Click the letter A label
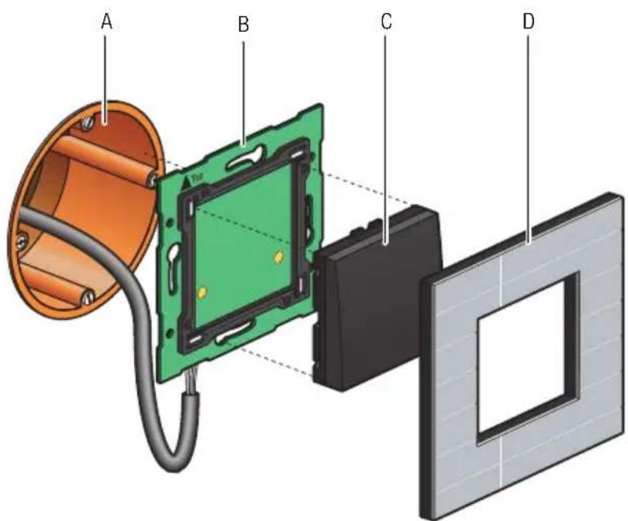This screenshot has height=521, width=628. (107, 23)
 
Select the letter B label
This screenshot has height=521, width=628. (243, 25)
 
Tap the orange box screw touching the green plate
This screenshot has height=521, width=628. (152, 180)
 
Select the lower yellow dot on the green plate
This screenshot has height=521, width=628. (202, 293)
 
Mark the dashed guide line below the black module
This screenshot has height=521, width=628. (277, 362)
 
